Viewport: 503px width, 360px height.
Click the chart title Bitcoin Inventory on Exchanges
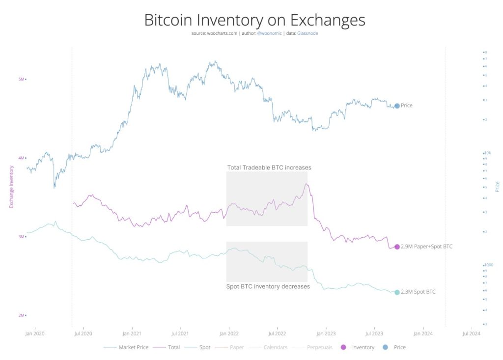click(x=254, y=20)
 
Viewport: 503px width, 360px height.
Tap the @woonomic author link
click(x=270, y=33)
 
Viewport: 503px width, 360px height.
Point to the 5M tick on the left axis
click(x=22, y=79)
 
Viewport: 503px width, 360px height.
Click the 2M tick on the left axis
click(x=22, y=315)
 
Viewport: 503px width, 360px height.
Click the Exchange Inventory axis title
click(x=12, y=187)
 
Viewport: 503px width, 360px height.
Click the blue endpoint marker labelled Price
click(x=397, y=106)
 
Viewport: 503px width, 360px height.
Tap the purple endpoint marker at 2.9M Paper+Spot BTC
click(x=397, y=247)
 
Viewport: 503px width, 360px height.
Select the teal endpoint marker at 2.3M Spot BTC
click(x=397, y=292)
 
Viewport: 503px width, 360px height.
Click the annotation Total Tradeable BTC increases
click(x=269, y=167)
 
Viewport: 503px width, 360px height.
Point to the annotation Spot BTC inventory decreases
click(x=268, y=286)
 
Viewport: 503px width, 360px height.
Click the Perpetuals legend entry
click(x=319, y=347)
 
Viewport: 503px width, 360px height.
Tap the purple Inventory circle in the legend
click(x=343, y=347)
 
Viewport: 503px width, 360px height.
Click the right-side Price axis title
click(x=497, y=187)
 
